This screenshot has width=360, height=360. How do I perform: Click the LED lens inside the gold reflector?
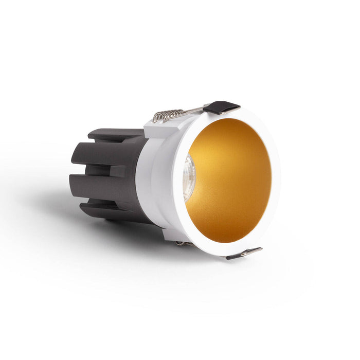[189, 177]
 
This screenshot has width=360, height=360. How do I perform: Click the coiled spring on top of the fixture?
[167, 115]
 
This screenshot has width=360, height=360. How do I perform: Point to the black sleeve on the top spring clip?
[222, 107]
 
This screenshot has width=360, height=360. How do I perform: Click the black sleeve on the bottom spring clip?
[238, 254]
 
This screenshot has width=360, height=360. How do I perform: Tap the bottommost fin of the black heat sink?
[103, 210]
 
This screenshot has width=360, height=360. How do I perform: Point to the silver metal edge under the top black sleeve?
[226, 113]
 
